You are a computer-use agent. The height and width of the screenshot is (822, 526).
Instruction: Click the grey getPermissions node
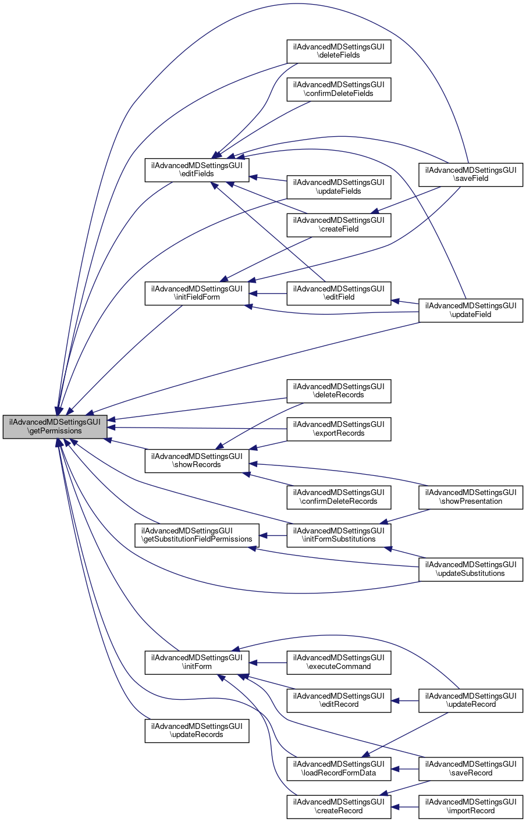click(55, 426)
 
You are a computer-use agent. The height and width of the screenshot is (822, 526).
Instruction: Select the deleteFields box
click(339, 51)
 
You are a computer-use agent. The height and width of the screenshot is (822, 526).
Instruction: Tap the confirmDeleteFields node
click(339, 89)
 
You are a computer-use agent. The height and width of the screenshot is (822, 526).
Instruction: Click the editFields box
click(197, 169)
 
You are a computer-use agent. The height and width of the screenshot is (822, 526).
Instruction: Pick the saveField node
click(471, 174)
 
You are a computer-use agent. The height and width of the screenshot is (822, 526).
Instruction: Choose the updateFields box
click(339, 187)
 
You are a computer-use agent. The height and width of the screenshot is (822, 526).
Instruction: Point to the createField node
click(339, 225)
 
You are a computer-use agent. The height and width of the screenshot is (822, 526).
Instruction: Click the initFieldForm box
click(197, 293)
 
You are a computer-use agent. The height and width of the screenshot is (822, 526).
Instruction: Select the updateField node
click(471, 310)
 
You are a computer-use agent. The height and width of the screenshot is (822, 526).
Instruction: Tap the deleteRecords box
click(339, 390)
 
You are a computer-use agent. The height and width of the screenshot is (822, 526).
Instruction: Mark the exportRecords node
click(339, 429)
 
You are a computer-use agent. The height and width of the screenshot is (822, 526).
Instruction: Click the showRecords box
click(197, 460)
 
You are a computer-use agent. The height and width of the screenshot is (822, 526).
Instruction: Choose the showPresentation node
click(471, 497)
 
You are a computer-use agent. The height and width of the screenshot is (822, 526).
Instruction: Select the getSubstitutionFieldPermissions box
click(197, 535)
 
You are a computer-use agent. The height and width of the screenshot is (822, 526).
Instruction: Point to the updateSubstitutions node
click(471, 569)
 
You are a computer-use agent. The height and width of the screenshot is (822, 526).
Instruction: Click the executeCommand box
click(339, 662)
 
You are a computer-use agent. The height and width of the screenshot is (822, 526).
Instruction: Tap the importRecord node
click(471, 806)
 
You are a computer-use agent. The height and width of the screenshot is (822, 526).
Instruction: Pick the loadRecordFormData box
click(339, 768)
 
